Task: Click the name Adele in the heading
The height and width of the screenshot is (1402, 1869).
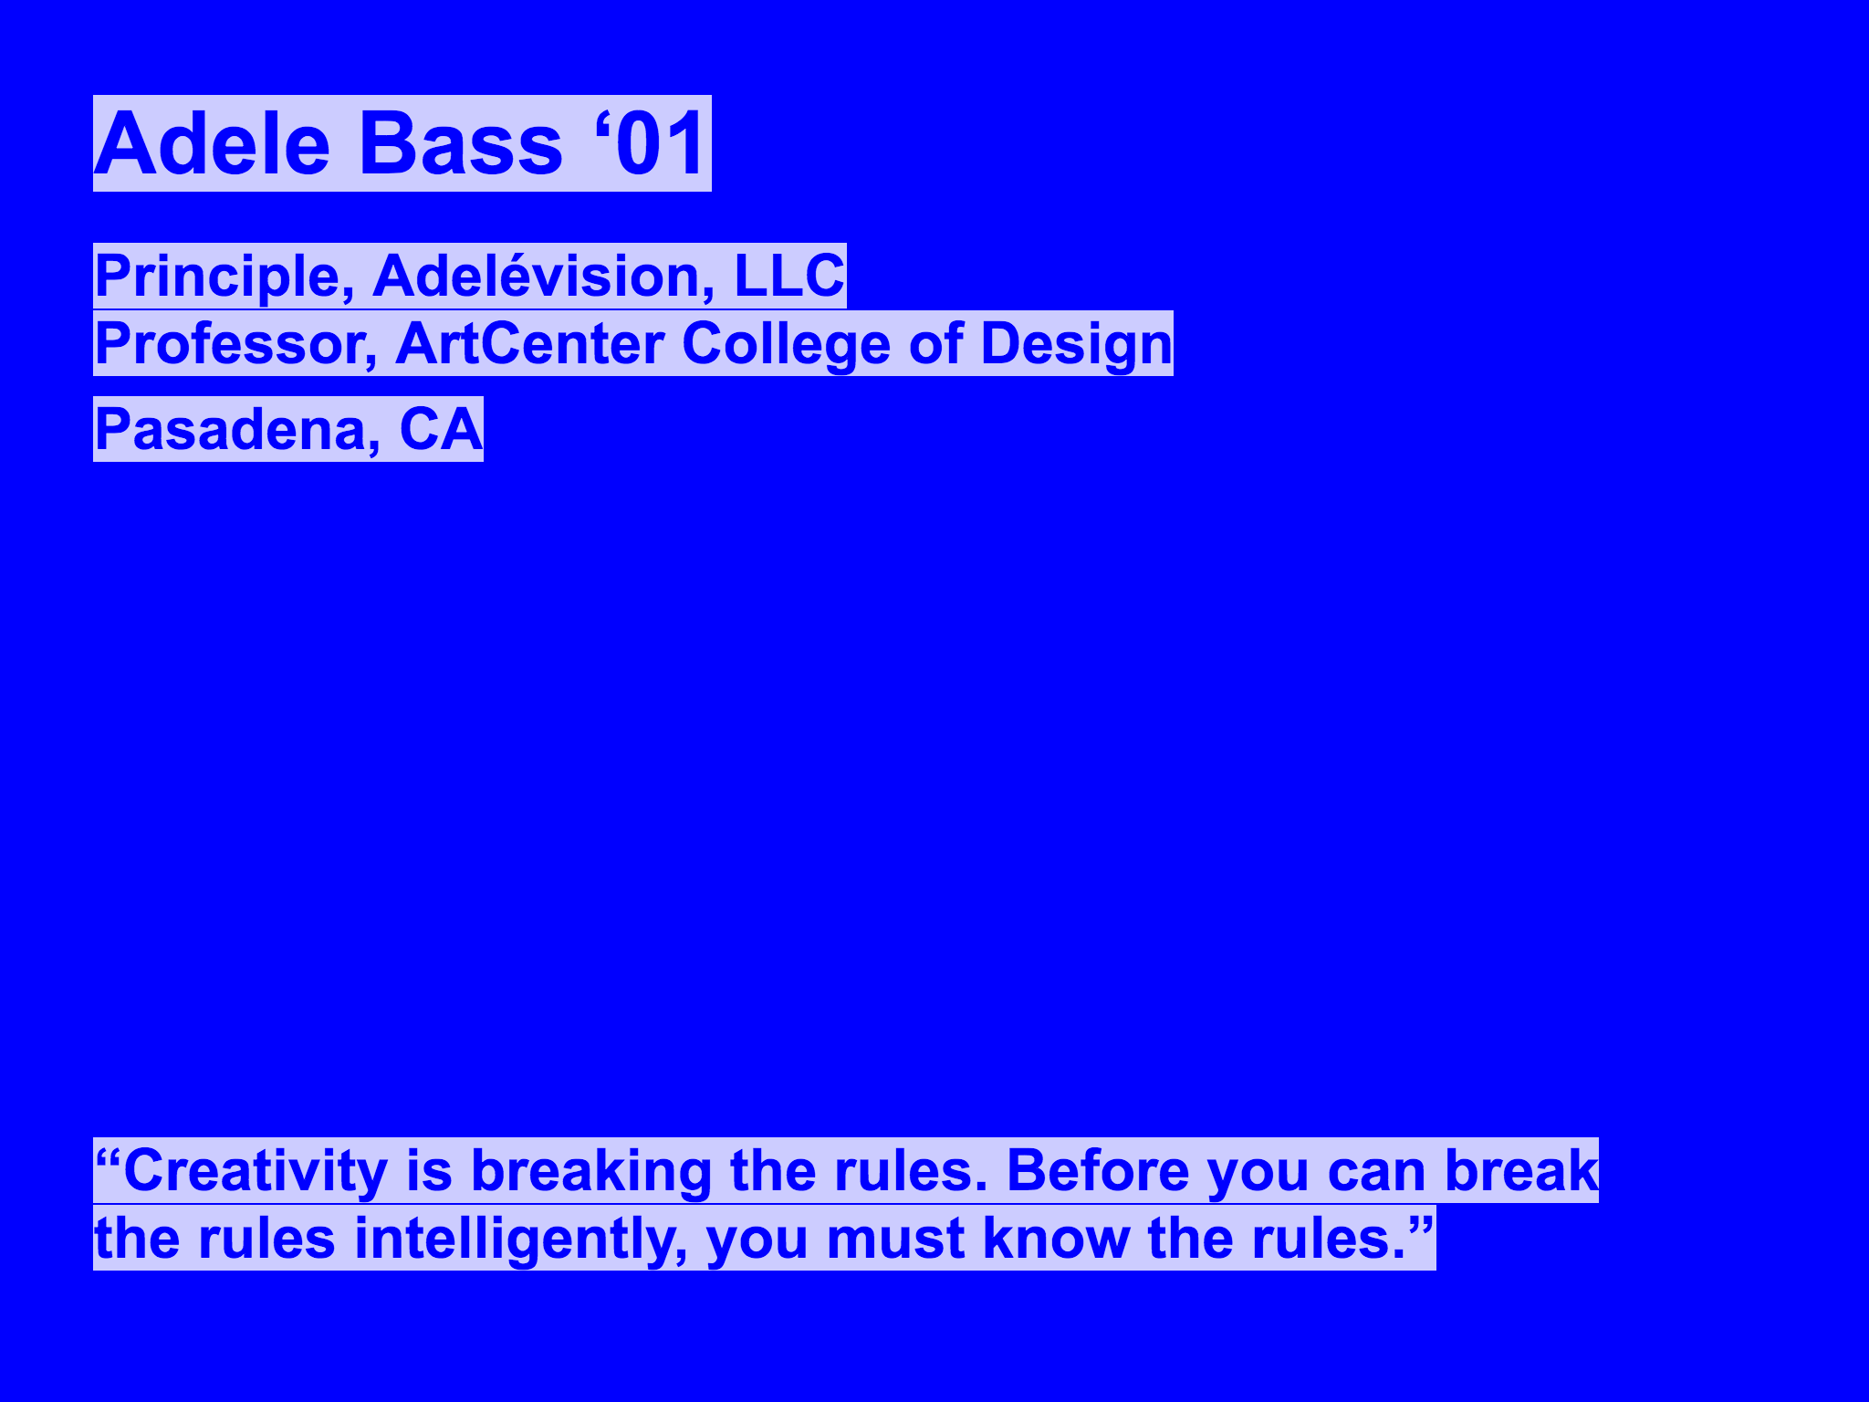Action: [x=212, y=144]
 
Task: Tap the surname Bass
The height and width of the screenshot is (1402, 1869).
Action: [x=462, y=144]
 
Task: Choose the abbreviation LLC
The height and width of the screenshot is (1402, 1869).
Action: [x=789, y=276]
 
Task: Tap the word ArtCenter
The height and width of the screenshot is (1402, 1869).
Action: [x=530, y=343]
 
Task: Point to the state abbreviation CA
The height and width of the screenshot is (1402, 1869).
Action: [x=441, y=429]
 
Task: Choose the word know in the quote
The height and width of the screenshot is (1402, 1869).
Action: [x=1057, y=1239]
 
